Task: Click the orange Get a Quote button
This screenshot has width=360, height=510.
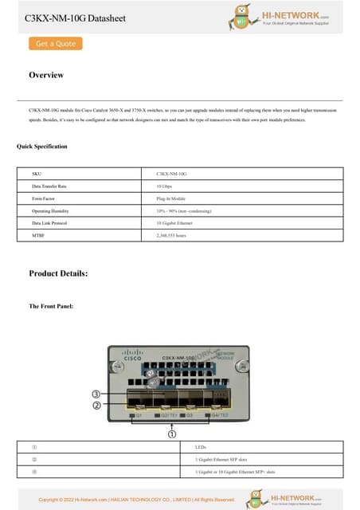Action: pyautogui.click(x=55, y=44)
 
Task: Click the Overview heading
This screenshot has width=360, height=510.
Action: pyautogui.click(x=46, y=75)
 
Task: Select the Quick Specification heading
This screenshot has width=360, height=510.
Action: pyautogui.click(x=42, y=147)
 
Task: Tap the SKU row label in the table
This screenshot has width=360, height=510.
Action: pyautogui.click(x=37, y=172)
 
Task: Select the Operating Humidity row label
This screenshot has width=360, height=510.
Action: pyautogui.click(x=50, y=211)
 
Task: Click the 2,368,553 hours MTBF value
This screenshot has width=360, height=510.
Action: pyautogui.click(x=171, y=237)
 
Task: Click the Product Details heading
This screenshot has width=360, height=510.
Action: pyautogui.click(x=58, y=273)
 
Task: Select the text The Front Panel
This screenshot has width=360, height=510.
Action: pyautogui.click(x=51, y=306)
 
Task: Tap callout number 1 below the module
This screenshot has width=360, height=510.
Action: pyautogui.click(x=171, y=434)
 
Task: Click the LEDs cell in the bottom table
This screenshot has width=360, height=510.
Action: pyautogui.click(x=200, y=447)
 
